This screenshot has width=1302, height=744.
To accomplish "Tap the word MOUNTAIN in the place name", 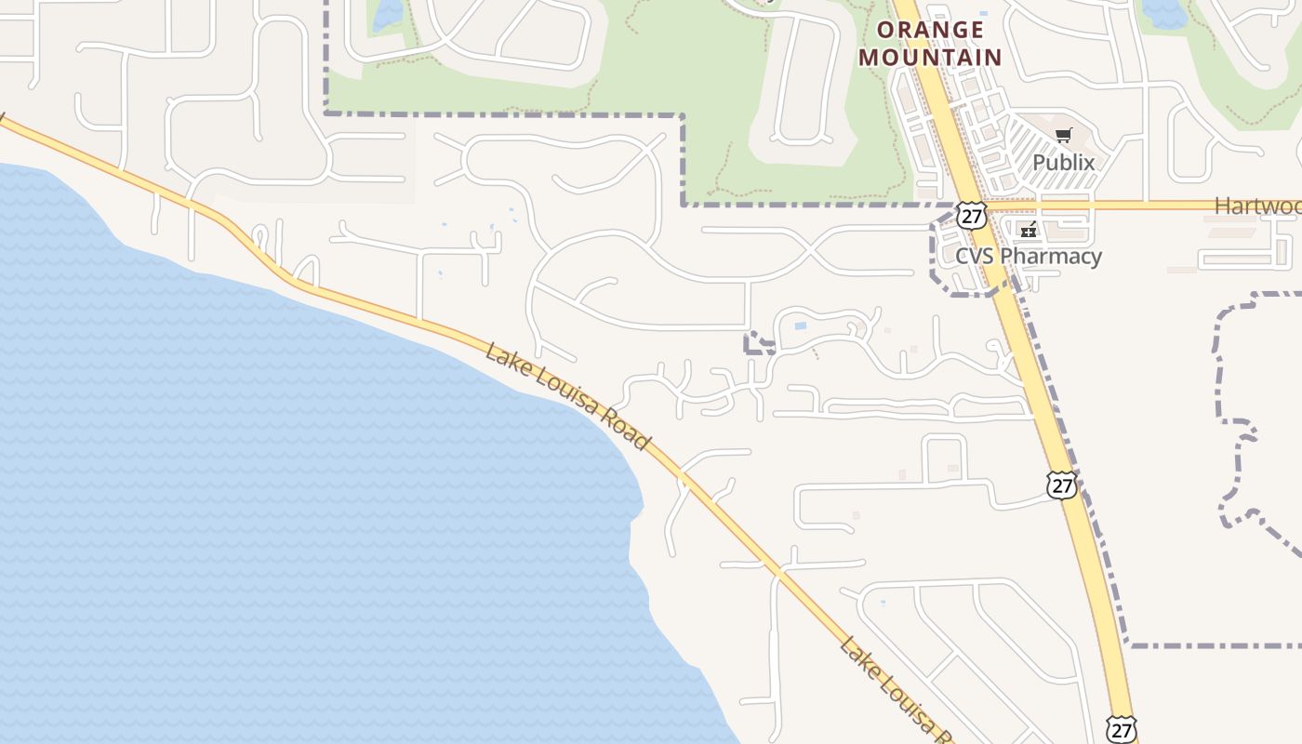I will point(930,58).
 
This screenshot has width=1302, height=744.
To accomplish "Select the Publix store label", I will point(1063,162).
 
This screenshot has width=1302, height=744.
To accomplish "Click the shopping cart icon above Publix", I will point(1064,136).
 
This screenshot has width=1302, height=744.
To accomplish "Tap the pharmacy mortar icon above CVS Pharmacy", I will point(1028,230).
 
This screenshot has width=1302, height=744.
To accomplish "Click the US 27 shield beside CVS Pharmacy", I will point(972,217).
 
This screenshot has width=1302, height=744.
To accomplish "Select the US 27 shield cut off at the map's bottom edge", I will point(1122,730).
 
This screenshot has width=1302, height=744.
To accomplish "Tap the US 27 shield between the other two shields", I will point(1061,485).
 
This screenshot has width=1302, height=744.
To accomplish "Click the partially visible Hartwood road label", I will point(1257,206).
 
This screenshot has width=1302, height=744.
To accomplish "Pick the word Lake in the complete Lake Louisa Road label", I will point(505,359).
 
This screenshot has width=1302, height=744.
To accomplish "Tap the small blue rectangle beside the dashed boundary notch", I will point(801,326).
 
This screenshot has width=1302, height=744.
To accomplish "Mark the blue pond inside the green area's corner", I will point(387,14).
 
